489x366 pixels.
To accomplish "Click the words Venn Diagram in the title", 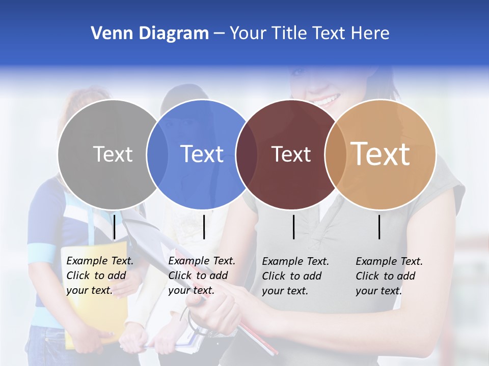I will coord(150,34).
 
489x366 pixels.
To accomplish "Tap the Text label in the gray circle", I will coord(113,154).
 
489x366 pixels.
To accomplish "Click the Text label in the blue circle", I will coord(202,154).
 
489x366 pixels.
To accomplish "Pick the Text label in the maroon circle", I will coord(291,154).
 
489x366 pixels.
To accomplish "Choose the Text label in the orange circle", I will coord(381,154).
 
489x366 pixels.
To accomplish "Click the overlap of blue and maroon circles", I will coord(247,154).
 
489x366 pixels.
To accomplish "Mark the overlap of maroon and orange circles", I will coord(335,154).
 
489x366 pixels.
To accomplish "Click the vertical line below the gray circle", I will coord(115,227).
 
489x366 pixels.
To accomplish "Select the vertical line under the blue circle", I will coord(204,227).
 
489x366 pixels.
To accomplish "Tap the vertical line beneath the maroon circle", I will coord(294,227).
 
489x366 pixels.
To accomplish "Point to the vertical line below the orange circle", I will coord(379,227).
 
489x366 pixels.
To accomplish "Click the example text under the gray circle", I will coord(99,276).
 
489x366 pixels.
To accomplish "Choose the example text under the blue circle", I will coord(201,276).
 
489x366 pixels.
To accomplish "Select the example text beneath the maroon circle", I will coord(295,276).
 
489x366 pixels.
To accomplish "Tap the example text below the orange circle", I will coord(389,276).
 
